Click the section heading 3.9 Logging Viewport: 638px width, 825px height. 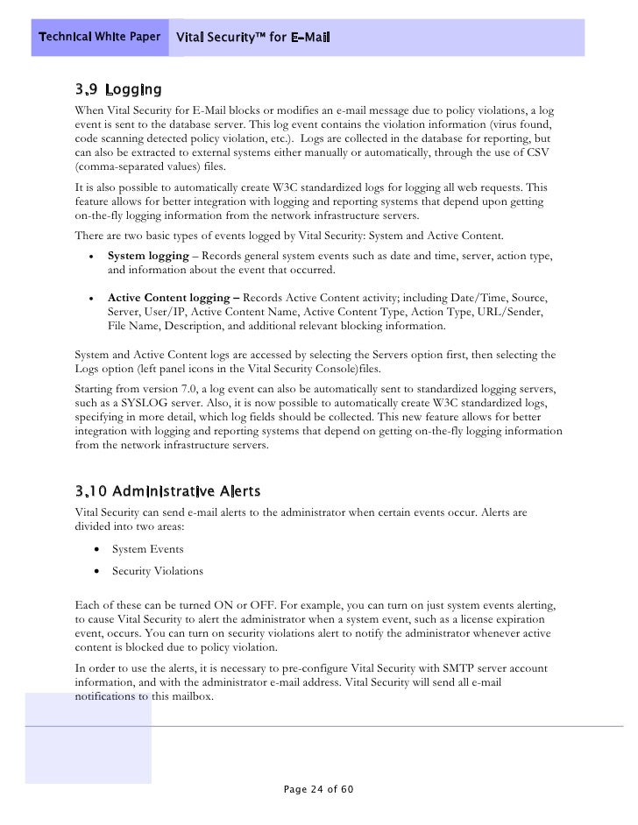pyautogui.click(x=118, y=90)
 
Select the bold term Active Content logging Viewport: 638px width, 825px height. pyautogui.click(x=172, y=298)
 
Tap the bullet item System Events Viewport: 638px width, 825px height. pyautogui.click(x=147, y=549)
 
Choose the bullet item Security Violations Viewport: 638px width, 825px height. pyautogui.click(x=158, y=571)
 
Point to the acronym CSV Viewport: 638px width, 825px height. pyautogui.click(x=531, y=154)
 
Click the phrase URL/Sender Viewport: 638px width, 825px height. pyautogui.click(x=519, y=313)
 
